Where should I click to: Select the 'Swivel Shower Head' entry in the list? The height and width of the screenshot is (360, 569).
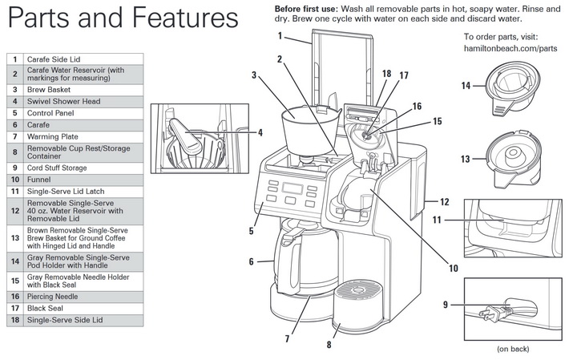63,101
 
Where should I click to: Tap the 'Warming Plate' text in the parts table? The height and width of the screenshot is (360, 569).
53,136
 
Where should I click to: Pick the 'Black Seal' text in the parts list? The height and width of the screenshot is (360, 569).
49,308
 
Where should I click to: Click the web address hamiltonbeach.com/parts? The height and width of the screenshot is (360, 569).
510,49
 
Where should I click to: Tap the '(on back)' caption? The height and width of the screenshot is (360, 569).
514,349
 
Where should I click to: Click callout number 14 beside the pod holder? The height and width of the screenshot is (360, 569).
466,86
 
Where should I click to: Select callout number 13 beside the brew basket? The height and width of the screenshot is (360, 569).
466,159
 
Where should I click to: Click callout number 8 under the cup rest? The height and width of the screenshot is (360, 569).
328,346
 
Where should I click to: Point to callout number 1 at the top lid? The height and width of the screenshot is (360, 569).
281,36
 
